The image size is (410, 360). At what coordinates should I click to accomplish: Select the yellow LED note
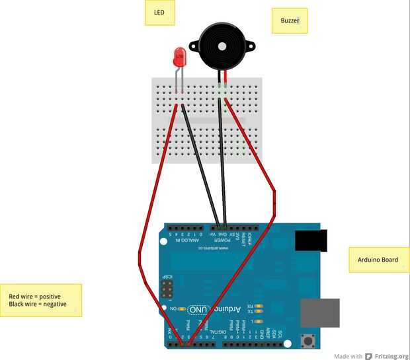click(159, 13)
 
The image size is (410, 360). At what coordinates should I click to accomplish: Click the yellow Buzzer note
click(290, 20)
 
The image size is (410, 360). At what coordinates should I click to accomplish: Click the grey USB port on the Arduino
click(320, 312)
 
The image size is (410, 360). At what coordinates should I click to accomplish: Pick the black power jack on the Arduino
click(311, 240)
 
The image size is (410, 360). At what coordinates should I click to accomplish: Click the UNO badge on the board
click(199, 309)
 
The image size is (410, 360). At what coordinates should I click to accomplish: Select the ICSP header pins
click(167, 289)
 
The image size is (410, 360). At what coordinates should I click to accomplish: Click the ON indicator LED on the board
click(182, 308)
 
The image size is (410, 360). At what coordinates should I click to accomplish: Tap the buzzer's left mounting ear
click(194, 46)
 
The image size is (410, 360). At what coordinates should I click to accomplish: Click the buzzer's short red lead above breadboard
click(225, 77)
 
